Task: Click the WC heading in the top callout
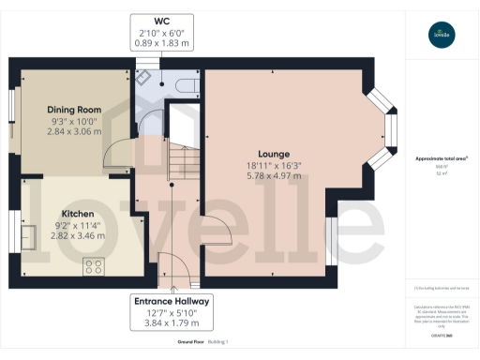162,20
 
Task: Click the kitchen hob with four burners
94,266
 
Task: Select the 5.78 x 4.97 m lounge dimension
273,175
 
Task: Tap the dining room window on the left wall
13,120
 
